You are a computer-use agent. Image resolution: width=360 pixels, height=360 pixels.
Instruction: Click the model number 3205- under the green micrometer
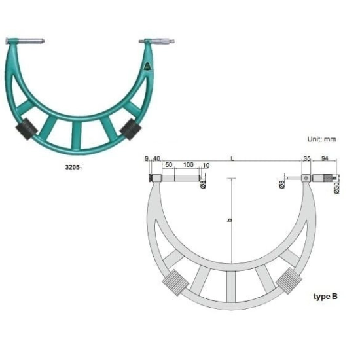[73, 167]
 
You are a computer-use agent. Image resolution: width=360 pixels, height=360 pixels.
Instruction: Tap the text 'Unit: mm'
[321, 139]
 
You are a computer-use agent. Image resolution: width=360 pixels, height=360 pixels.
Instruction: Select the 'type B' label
[325, 297]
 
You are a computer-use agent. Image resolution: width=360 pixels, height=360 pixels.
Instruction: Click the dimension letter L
[232, 158]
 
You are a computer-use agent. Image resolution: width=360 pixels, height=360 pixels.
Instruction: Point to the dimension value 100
[189, 164]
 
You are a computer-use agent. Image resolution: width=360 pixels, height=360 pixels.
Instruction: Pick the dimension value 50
[169, 164]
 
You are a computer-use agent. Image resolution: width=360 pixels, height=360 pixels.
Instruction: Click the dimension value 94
[325, 158]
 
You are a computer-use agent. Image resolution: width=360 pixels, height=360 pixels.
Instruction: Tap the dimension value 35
[307, 158]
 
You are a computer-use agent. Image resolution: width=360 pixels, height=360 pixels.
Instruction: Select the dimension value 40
[156, 158]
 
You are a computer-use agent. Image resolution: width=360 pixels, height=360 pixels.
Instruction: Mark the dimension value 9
[147, 158]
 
